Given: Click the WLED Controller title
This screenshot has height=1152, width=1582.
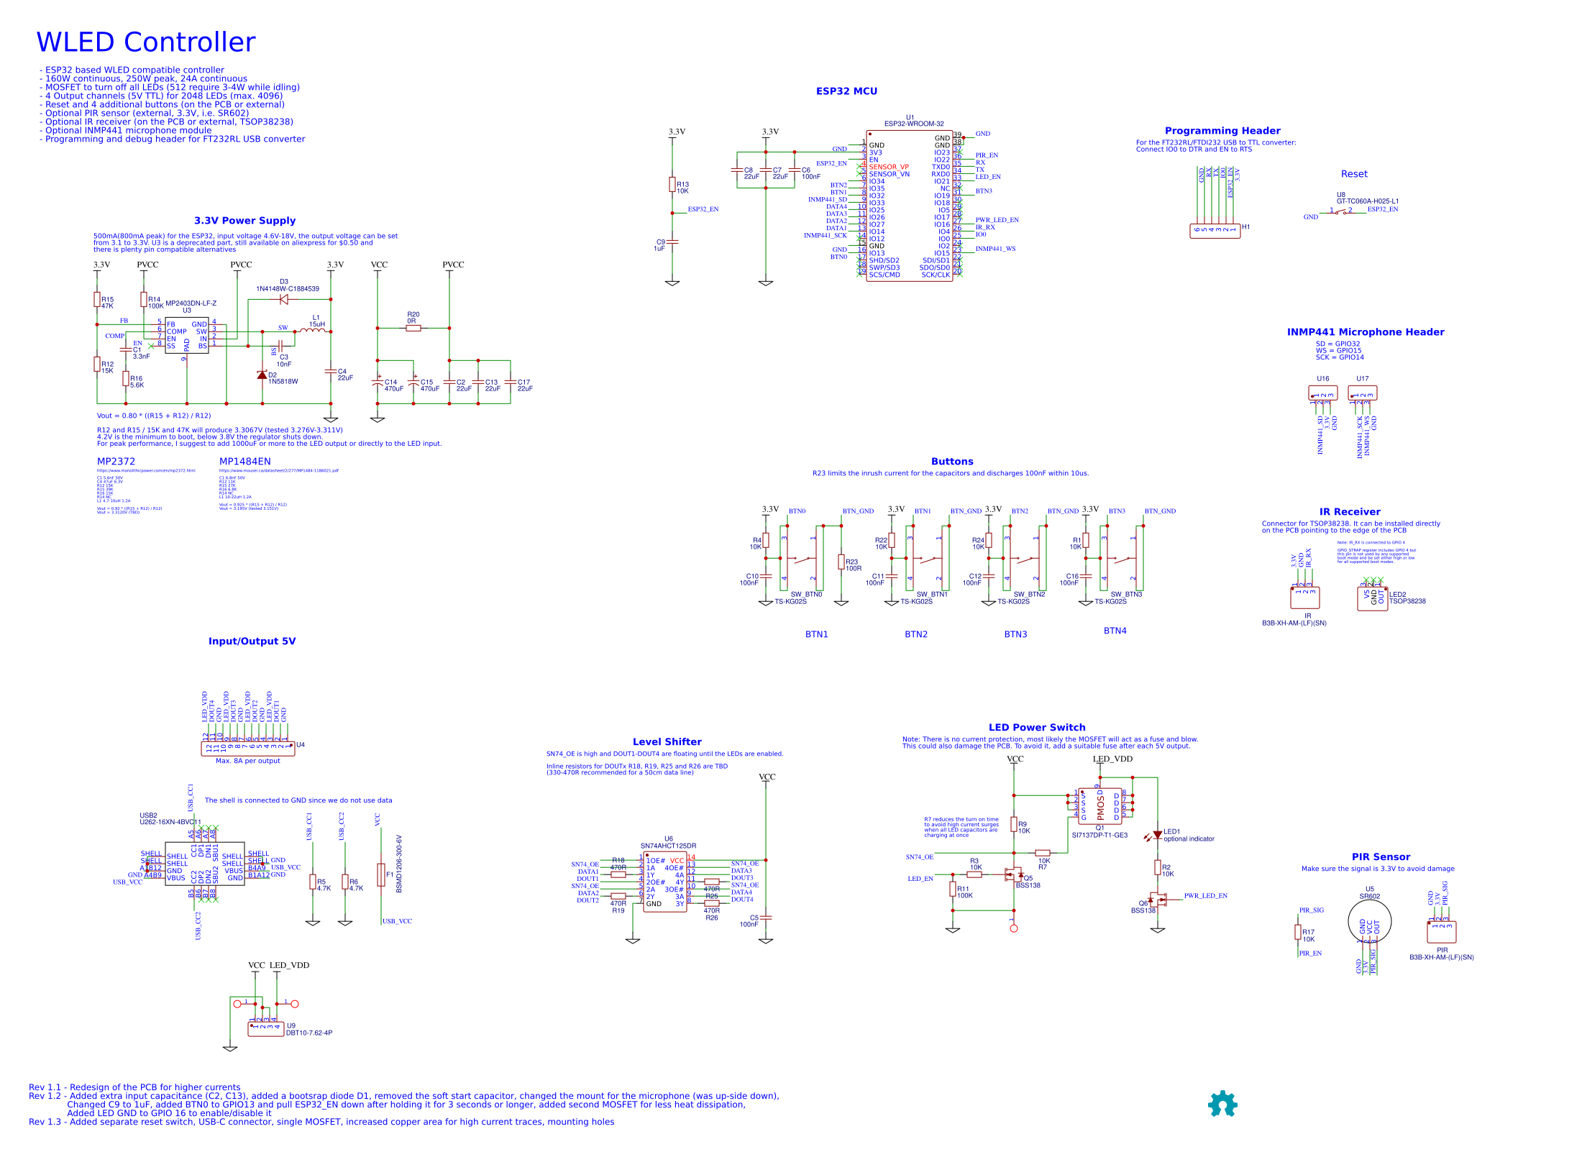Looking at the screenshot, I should [x=145, y=42].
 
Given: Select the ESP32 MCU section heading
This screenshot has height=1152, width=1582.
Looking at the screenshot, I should [x=846, y=91].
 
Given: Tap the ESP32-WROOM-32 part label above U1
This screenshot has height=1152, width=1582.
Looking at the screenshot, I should [x=913, y=124].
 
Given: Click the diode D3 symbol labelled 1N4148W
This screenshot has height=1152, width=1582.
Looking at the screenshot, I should [x=283, y=299].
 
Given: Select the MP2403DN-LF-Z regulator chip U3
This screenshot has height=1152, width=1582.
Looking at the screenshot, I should [x=187, y=335].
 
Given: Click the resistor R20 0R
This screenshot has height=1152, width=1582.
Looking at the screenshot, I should [x=413, y=328].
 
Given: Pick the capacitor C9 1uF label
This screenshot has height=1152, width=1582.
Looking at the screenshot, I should [x=659, y=245].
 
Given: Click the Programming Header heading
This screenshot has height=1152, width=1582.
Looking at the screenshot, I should [x=1222, y=131].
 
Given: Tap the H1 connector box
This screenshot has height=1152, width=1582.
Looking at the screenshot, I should [x=1215, y=230].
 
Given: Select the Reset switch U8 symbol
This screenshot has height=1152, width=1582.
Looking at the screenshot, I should [x=1340, y=212].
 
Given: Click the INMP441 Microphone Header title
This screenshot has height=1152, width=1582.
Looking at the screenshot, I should [x=1365, y=332].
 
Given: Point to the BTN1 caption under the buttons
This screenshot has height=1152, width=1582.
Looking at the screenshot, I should [x=816, y=634].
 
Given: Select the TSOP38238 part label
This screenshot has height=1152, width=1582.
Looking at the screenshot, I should [x=1407, y=601].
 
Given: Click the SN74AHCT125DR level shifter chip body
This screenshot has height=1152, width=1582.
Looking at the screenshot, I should [x=664, y=882].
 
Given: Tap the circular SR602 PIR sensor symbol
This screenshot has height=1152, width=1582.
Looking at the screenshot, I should [x=1369, y=921].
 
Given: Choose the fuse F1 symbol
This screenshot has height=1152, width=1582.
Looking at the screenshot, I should [x=380, y=875].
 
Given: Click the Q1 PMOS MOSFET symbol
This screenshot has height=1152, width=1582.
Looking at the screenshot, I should [x=1099, y=806].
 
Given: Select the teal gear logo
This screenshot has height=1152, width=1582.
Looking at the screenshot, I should [x=1222, y=1103].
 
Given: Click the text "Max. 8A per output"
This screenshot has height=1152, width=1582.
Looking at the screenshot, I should [x=247, y=761].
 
